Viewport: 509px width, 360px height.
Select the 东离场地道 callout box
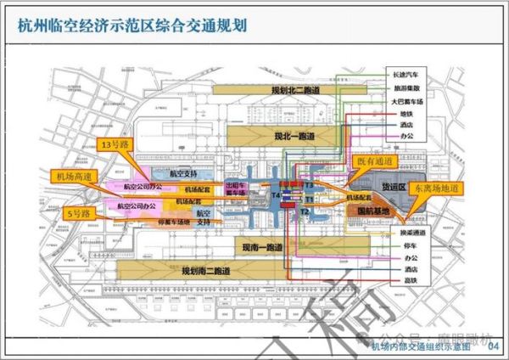(x=433, y=188)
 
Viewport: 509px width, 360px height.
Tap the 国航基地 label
(x=373, y=211)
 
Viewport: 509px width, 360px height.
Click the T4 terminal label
(x=276, y=196)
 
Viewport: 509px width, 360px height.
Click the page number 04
(x=495, y=345)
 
